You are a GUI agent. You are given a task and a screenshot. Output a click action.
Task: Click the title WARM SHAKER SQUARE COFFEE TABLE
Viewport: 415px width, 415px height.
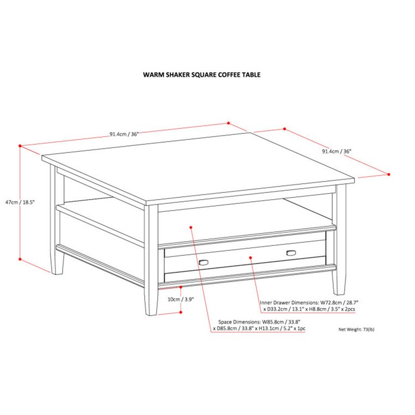pyautogui.click(x=202, y=75)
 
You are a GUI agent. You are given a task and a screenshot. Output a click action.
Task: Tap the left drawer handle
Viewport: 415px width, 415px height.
pyautogui.click(x=203, y=262)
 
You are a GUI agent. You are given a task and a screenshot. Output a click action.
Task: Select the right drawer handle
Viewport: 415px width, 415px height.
pyautogui.click(x=291, y=253)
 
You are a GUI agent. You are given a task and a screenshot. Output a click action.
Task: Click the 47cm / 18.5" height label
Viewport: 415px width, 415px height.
pyautogui.click(x=20, y=202)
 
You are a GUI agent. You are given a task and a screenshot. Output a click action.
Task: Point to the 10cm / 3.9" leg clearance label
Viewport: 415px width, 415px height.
pyautogui.click(x=181, y=299)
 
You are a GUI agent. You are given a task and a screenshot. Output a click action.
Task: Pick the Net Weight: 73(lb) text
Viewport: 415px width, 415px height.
pyautogui.click(x=356, y=329)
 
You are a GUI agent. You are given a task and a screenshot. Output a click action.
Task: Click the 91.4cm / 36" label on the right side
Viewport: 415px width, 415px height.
pyautogui.click(x=336, y=151)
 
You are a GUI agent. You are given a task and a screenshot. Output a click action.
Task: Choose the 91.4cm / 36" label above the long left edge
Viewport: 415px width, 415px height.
pyautogui.click(x=124, y=134)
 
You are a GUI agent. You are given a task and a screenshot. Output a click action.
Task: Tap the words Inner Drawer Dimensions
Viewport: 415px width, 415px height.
pyautogui.click(x=289, y=302)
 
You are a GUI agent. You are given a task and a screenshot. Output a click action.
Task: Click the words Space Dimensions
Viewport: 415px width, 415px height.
pyautogui.click(x=239, y=322)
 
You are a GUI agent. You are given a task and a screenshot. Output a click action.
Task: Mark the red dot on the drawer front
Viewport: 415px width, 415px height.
pyautogui.click(x=251, y=257)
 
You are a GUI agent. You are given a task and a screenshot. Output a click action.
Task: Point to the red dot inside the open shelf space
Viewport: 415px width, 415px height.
pyautogui.click(x=191, y=227)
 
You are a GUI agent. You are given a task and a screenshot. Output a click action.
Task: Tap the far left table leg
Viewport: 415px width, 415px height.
pyautogui.click(x=57, y=219)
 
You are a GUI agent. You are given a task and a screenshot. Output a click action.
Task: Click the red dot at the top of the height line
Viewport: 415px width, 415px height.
pyautogui.click(x=20, y=146)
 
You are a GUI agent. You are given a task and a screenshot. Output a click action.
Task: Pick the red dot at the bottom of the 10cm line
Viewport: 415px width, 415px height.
pyautogui.click(x=181, y=312)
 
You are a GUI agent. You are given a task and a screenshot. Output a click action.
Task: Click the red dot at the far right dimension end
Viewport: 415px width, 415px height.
pyautogui.click(x=389, y=174)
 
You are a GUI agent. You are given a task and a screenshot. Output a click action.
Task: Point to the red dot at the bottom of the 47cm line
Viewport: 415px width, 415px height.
pyautogui.click(x=20, y=259)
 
